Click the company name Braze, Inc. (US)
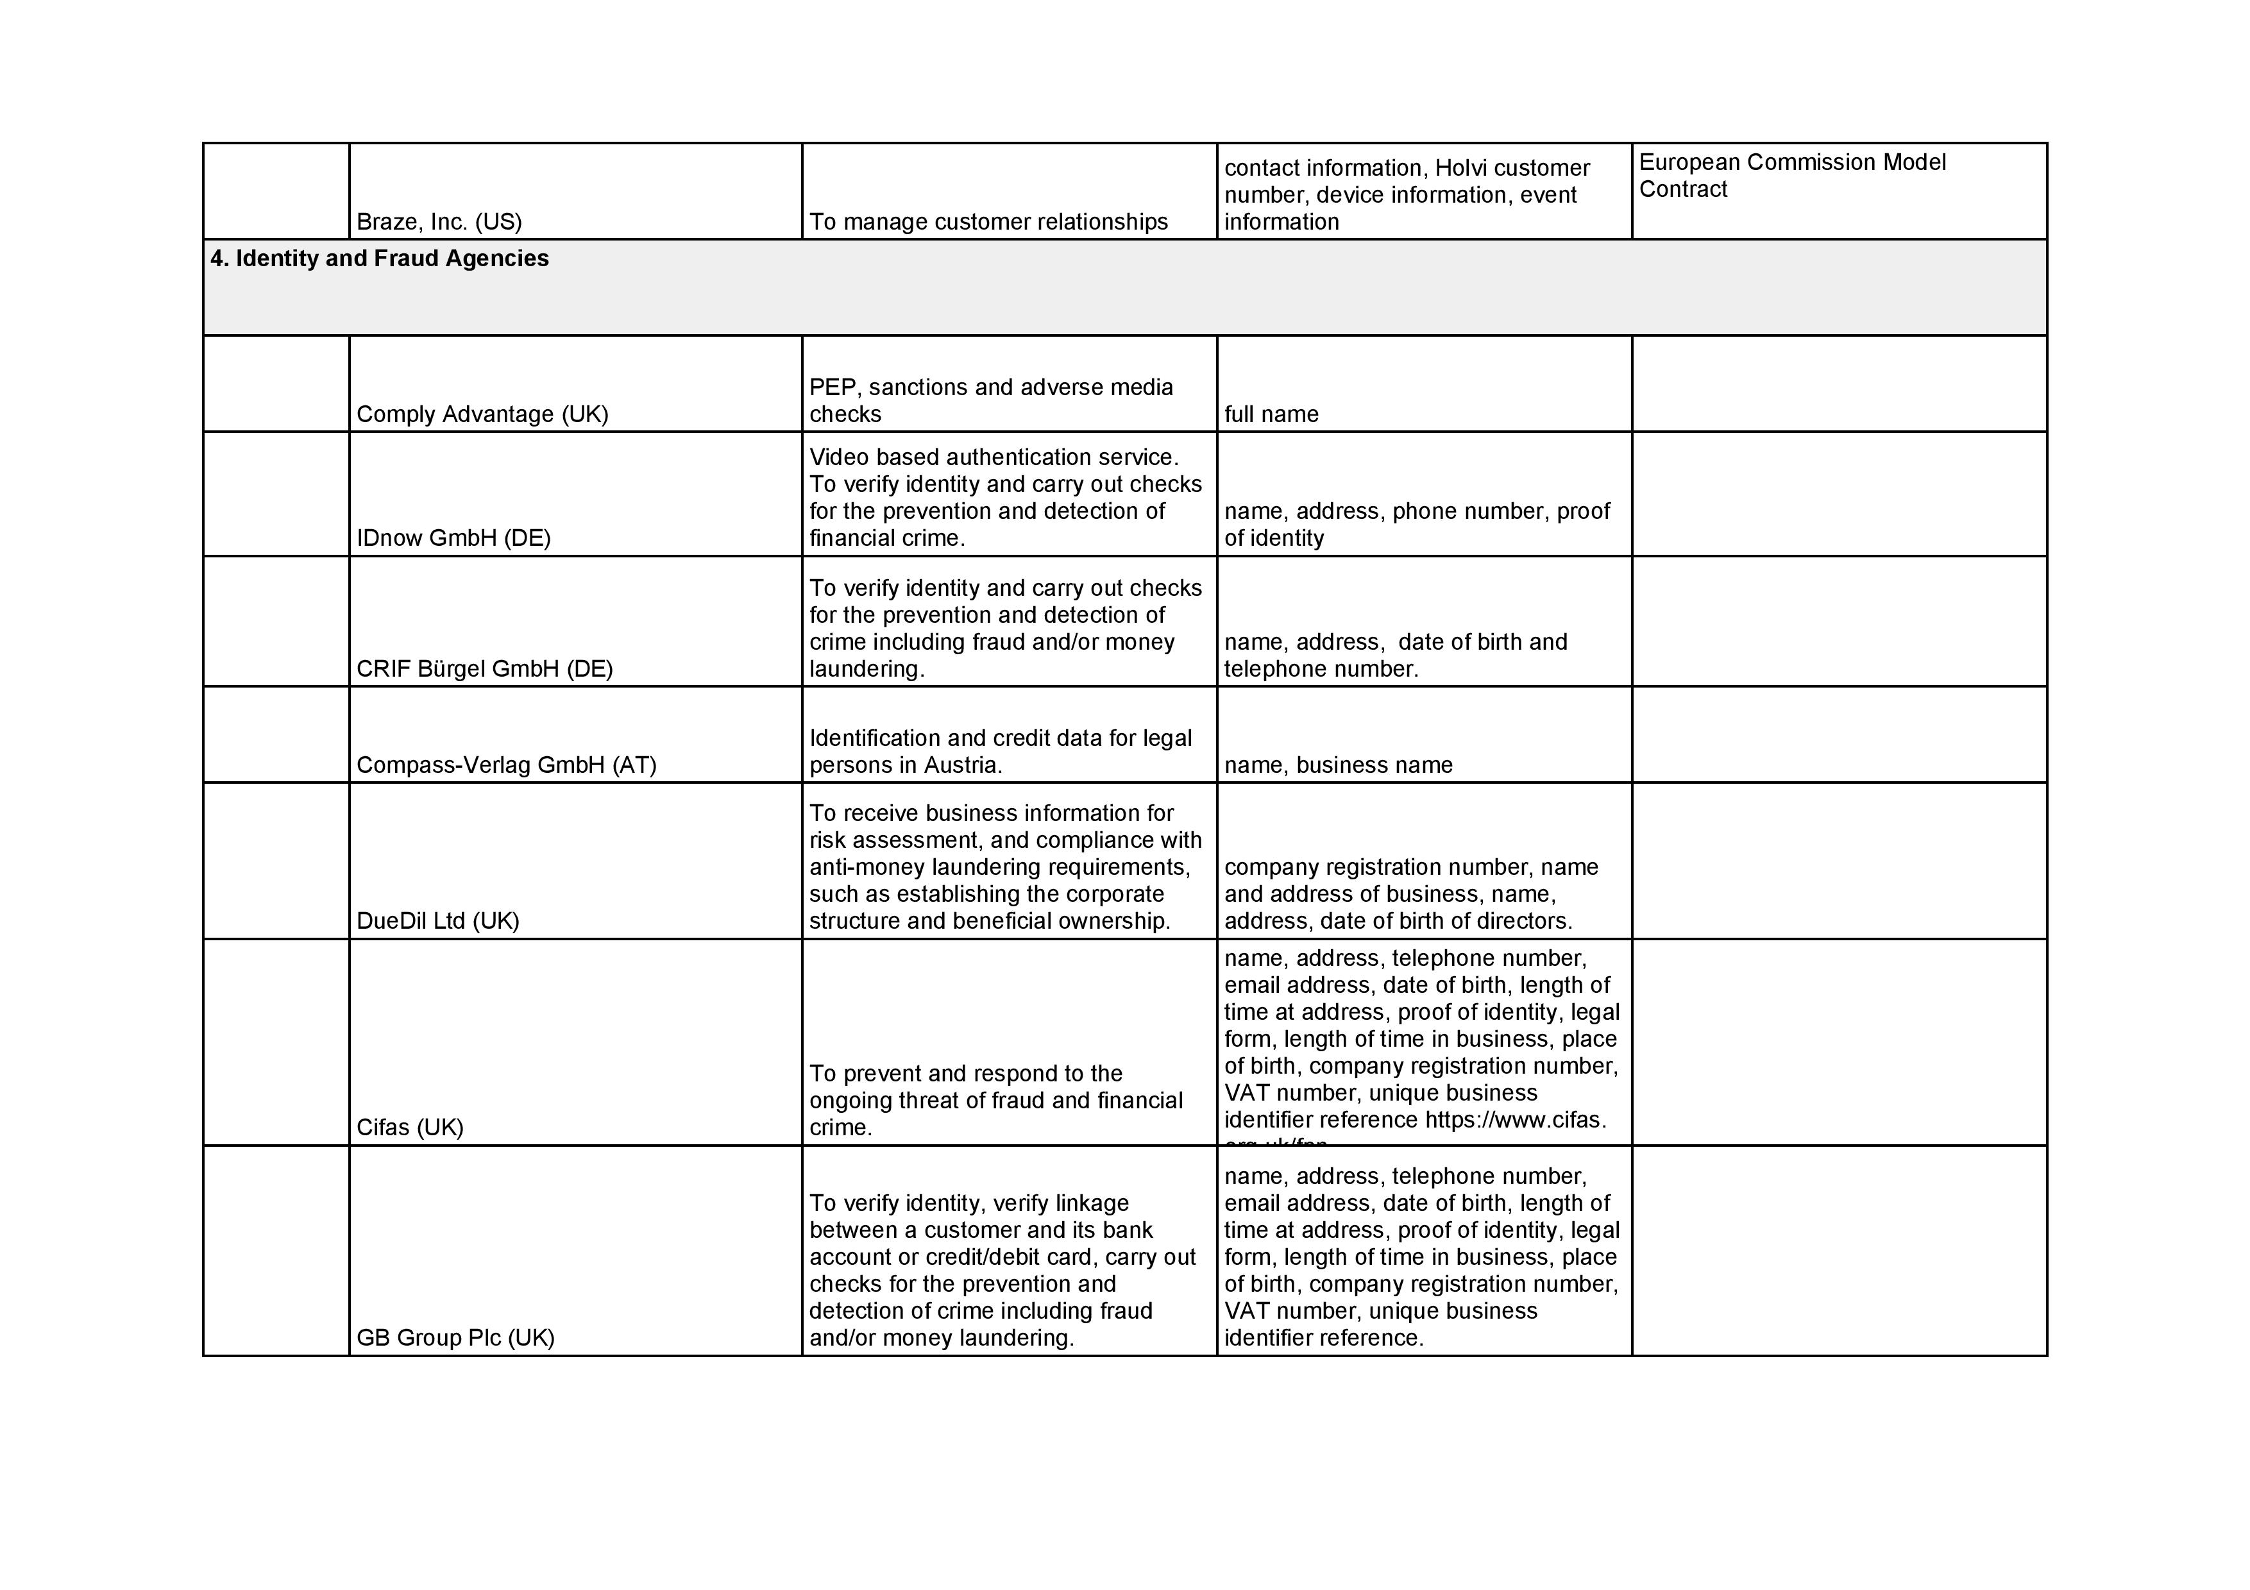pos(439,223)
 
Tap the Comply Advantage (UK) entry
pos(482,414)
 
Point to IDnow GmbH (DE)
pos(453,538)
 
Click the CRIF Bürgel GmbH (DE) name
pos(484,669)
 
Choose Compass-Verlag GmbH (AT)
pos(505,765)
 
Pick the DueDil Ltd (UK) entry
pos(437,921)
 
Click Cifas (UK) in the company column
pos(410,1128)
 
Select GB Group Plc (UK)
pos(455,1338)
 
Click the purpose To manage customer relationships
pos(988,223)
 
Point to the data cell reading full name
pos(1271,414)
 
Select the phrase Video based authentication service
pos(994,457)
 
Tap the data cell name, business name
pos(1338,765)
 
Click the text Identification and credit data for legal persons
pos(999,752)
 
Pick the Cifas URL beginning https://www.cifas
pos(1515,1120)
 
